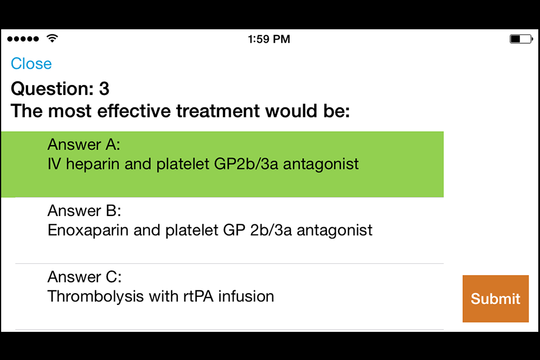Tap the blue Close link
click(31, 64)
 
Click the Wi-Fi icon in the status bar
click(52, 38)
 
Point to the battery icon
click(521, 39)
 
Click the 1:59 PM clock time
click(269, 39)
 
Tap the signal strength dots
click(23, 39)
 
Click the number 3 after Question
click(105, 89)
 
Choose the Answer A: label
click(84, 145)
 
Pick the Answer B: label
click(84, 210)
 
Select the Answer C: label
click(84, 277)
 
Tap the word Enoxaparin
click(88, 231)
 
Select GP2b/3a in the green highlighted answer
click(246, 164)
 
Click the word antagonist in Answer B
click(334, 231)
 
